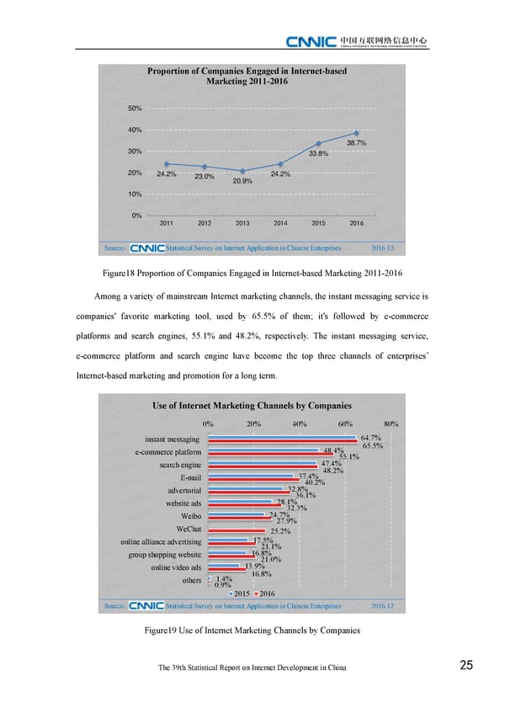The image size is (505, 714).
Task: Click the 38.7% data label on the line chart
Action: point(356,143)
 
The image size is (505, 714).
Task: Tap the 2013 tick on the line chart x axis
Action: point(242,223)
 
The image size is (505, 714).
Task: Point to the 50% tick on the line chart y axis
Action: point(135,109)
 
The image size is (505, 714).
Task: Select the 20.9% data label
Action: point(242,181)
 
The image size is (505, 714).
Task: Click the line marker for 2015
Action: point(319,143)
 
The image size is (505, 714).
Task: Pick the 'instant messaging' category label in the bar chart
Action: point(172,440)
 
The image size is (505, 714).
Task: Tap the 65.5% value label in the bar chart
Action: point(373,446)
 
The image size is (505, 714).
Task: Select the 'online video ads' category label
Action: point(176,567)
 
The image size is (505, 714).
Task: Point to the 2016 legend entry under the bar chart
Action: point(264,594)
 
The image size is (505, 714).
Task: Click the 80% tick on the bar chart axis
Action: point(391,424)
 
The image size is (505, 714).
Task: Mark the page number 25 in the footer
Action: point(466,666)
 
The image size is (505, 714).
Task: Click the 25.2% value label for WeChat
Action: point(280,530)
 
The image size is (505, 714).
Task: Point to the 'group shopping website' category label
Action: point(165,555)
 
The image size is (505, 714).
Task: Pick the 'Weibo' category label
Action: point(190,516)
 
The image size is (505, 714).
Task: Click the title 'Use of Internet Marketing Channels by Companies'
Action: point(252,406)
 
